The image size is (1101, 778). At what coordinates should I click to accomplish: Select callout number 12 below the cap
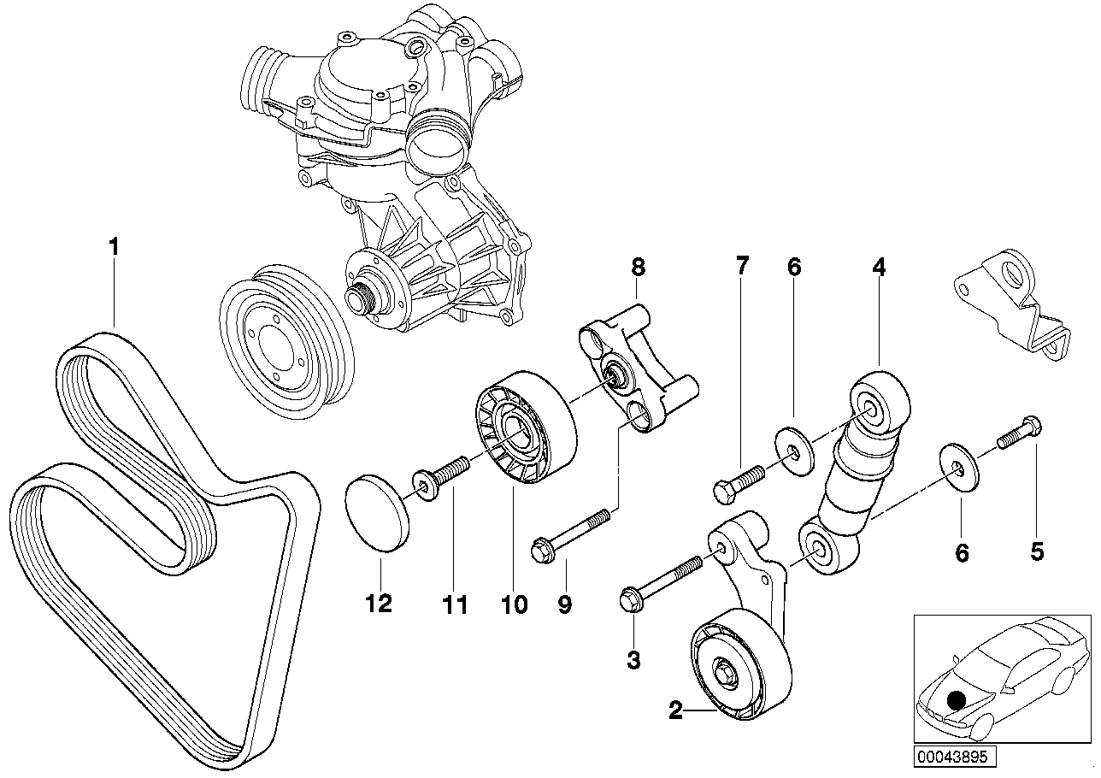pyautogui.click(x=379, y=604)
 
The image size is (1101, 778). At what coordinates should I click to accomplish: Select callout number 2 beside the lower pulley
pyautogui.click(x=675, y=711)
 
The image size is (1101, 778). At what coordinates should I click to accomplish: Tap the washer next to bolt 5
pyautogui.click(x=960, y=466)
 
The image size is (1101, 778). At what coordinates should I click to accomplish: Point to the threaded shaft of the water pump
pyautogui.click(x=357, y=299)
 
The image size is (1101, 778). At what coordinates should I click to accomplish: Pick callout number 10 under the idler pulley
pyautogui.click(x=514, y=604)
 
